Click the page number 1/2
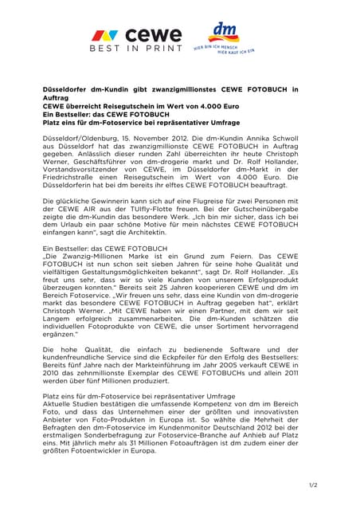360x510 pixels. click(x=312, y=485)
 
